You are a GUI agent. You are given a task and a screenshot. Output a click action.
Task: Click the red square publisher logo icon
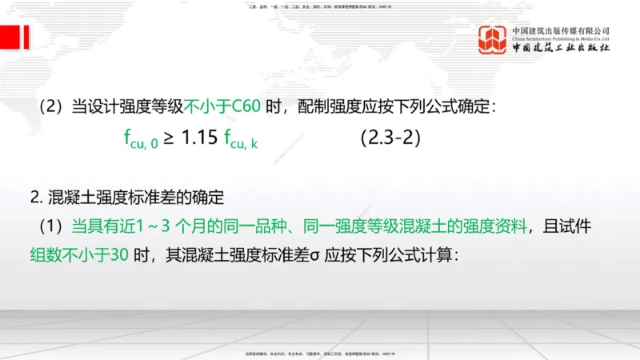(493, 40)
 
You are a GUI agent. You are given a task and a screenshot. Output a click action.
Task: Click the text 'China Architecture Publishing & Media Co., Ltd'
(561, 38)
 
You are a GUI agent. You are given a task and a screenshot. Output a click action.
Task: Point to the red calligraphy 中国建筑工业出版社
(561, 47)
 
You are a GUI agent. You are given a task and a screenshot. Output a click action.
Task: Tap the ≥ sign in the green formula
(169, 138)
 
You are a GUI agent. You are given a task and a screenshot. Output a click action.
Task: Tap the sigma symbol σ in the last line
(315, 257)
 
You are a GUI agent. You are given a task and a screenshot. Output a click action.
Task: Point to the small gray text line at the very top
(320, 7)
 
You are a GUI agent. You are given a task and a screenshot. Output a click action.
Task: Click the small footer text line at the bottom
(320, 352)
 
